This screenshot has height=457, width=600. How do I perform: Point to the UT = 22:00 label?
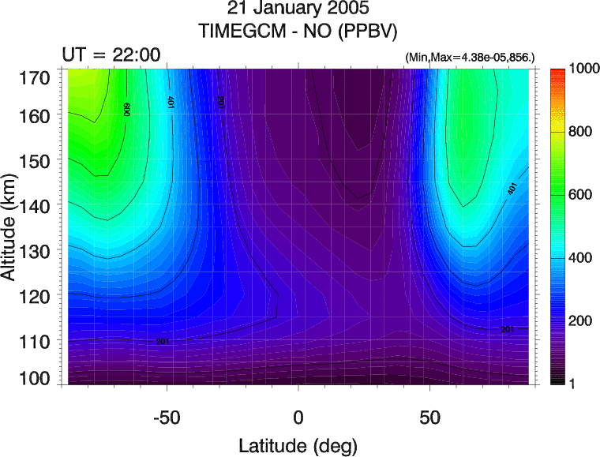111,54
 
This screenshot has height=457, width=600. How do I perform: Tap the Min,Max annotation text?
470,58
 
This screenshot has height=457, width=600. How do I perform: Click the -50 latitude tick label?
167,417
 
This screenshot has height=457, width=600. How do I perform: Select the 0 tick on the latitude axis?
298,417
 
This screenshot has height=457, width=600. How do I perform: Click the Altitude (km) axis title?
11,228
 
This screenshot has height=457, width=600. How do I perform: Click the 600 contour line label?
126,109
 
